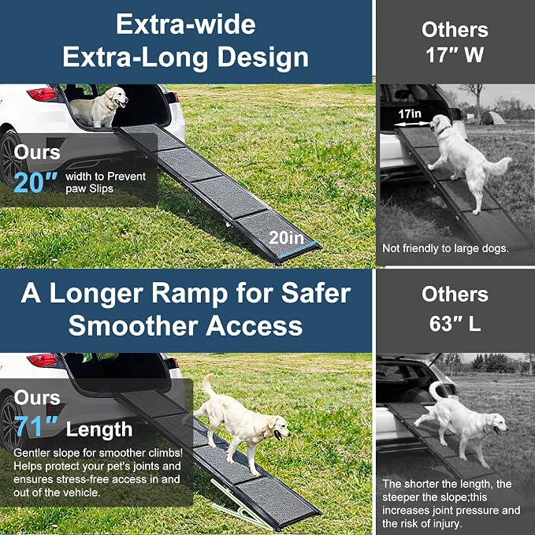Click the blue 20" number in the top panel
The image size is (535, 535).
pyautogui.click(x=35, y=183)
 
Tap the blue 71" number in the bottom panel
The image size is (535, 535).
pyautogui.click(x=35, y=427)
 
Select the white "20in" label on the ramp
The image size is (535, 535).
pyautogui.click(x=286, y=238)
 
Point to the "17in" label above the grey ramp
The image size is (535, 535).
pyautogui.click(x=410, y=113)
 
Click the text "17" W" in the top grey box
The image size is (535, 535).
pyautogui.click(x=455, y=54)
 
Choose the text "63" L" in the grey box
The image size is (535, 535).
pyautogui.click(x=455, y=324)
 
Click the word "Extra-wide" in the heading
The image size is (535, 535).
pyautogui.click(x=186, y=24)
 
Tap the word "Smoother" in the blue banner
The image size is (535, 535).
pyautogui.click(x=133, y=325)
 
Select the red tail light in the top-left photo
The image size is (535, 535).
pyautogui.click(x=43, y=95)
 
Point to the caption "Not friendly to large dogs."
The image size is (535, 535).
pyautogui.click(x=445, y=248)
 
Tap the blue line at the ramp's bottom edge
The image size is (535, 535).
pyautogui.click(x=297, y=250)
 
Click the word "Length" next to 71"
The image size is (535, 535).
pyautogui.click(x=99, y=429)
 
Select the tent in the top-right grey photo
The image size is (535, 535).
pyautogui.click(x=492, y=118)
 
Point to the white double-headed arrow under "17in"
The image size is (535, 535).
pyautogui.click(x=411, y=124)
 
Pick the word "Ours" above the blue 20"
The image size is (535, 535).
pyautogui.click(x=37, y=152)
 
